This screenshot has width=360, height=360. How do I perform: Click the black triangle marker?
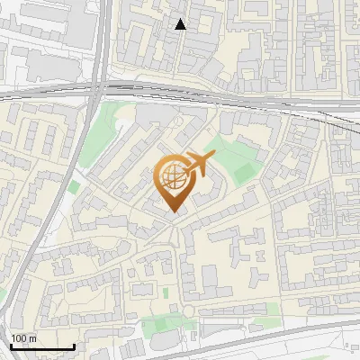(181, 24)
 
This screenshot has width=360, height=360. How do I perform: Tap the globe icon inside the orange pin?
(173, 177)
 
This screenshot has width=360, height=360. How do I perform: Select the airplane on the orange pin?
(200, 164)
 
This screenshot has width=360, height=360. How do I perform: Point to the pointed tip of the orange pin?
(173, 212)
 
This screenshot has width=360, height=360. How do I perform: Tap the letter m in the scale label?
(32, 338)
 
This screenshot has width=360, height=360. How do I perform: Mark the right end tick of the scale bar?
(74, 346)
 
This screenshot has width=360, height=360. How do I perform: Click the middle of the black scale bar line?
(40, 347)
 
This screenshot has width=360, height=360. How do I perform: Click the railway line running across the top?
(225, 94)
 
